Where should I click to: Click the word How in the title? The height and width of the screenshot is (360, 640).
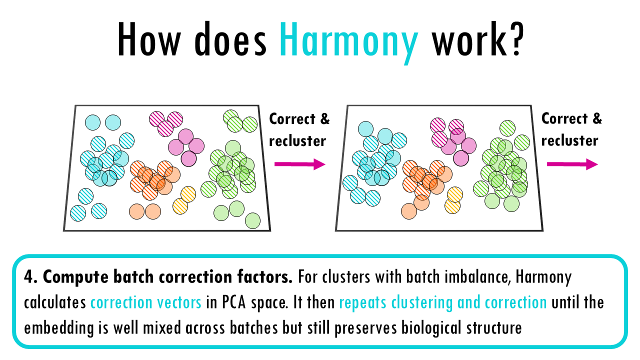tap(149, 39)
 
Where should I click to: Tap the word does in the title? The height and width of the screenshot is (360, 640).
tap(230, 39)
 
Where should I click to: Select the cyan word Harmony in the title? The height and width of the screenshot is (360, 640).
tap(348, 43)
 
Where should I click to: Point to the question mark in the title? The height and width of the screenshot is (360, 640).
tap(515, 38)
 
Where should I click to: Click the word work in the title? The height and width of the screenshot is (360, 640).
tap(467, 39)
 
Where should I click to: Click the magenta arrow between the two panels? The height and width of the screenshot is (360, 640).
tap(299, 164)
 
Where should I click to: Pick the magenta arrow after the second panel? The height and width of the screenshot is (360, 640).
tap(572, 164)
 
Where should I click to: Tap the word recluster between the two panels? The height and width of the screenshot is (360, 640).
tap(297, 141)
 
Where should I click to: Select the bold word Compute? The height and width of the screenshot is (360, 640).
tap(75, 277)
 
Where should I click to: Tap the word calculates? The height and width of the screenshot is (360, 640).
tap(55, 302)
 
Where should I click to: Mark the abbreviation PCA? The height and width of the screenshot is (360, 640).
tap(234, 302)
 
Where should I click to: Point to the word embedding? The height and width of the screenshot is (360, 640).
tap(59, 328)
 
